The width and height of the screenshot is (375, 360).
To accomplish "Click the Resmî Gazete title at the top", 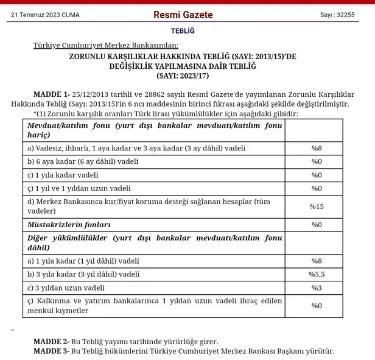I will [187, 14].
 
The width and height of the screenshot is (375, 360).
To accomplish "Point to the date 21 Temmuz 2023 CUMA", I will [45, 15].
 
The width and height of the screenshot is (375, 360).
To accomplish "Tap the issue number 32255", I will [337, 15].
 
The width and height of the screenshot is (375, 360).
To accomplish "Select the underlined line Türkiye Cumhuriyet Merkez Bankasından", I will [106, 46].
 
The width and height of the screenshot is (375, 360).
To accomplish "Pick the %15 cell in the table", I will [317, 206].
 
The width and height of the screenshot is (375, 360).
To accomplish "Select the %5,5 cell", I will [317, 274].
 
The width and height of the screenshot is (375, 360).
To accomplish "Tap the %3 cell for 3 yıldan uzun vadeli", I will [317, 288].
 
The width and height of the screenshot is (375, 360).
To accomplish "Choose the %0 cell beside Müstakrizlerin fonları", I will [317, 225].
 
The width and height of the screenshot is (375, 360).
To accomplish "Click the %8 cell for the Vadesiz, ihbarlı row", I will [317, 148].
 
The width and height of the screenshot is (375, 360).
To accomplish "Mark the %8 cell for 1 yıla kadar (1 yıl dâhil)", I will [317, 261].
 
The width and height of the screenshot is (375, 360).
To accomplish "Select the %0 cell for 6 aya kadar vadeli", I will [317, 161].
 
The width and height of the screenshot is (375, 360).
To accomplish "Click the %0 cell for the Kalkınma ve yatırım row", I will [317, 306].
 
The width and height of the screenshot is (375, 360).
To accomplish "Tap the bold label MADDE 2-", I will [52, 342].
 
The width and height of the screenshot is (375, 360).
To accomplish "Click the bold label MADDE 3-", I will [52, 351].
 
